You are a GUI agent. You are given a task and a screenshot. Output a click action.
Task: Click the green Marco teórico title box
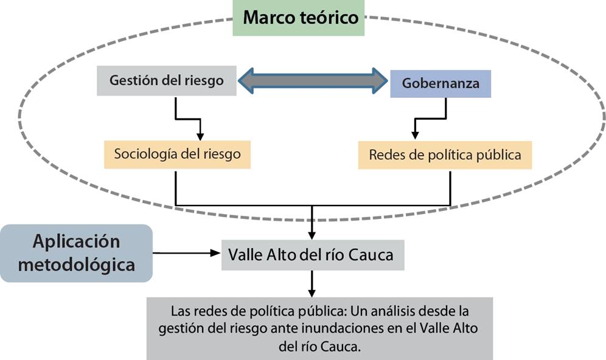(298, 18)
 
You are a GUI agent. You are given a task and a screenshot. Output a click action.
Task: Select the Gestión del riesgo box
(167, 80)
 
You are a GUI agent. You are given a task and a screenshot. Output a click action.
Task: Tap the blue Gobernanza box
(441, 83)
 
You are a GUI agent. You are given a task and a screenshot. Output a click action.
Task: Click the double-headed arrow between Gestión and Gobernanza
(313, 81)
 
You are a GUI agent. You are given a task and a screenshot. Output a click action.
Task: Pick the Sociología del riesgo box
(178, 154)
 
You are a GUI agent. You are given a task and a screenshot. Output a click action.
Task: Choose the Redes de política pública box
(445, 155)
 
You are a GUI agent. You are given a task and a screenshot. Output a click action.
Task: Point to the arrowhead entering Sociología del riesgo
(200, 136)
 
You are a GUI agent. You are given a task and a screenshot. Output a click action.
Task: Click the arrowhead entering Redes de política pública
(415, 135)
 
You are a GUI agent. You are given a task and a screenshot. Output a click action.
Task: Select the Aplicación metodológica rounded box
(77, 253)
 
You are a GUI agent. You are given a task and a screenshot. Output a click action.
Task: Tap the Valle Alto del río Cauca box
(313, 255)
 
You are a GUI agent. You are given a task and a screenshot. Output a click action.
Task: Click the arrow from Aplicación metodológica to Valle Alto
(186, 253)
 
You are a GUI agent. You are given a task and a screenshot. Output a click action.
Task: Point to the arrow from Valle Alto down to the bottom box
(312, 283)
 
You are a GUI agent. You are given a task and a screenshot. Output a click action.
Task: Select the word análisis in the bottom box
(391, 311)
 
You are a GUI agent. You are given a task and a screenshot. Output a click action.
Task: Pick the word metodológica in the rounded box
(77, 265)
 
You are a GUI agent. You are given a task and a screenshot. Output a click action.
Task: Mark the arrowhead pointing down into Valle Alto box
(312, 235)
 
